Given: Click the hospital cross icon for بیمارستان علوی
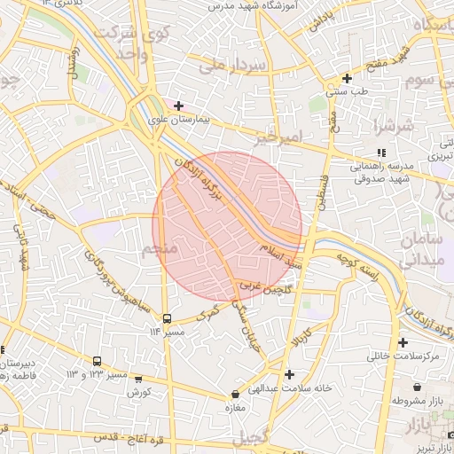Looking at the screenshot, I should point(179,106).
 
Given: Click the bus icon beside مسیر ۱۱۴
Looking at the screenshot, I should point(167,318).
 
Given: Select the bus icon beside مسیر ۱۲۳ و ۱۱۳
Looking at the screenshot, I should point(97,362).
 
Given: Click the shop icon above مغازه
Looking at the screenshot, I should point(234,394).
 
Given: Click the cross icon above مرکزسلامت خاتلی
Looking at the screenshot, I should point(403,342).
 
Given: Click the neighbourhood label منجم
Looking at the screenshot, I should point(160,251).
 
